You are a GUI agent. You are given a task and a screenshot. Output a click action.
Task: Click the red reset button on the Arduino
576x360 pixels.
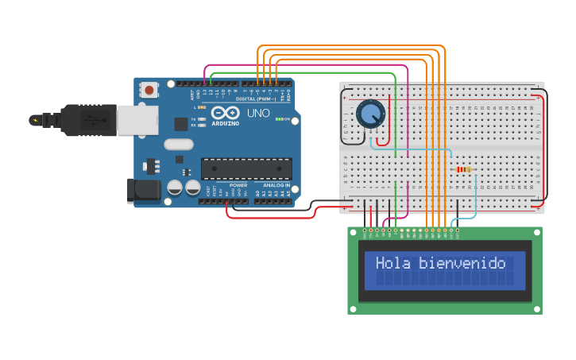pyautogui.click(x=149, y=91)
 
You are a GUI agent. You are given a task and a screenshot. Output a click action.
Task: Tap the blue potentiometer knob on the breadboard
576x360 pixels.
pyautogui.click(x=369, y=114)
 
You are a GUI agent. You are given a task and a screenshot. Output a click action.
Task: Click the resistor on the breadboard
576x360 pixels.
pyautogui.click(x=464, y=169)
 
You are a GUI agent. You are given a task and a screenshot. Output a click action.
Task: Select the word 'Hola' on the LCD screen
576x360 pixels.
pyautogui.click(x=393, y=263)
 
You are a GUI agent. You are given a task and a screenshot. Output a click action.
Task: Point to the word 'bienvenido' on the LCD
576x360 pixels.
pyautogui.click(x=462, y=263)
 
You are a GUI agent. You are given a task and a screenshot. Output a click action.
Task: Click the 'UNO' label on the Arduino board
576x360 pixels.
pyautogui.click(x=259, y=114)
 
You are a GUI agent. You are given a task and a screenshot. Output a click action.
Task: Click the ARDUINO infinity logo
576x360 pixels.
pyautogui.click(x=225, y=114)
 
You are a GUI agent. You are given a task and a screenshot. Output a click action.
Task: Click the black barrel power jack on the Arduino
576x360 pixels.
pyautogui.click(x=142, y=190)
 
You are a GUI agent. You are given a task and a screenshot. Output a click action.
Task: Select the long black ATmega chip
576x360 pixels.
pyautogui.click(x=245, y=168)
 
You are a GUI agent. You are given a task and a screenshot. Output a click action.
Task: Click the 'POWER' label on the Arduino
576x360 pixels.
pyautogui.click(x=238, y=185)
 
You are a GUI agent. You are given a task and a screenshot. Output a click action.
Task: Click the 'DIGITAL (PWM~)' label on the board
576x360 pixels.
pyautogui.click(x=257, y=99)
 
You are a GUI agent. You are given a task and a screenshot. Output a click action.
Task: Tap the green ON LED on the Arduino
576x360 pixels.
pyautogui.click(x=277, y=119)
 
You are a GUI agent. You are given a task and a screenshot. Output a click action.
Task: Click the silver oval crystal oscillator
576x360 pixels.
pyautogui.click(x=179, y=145)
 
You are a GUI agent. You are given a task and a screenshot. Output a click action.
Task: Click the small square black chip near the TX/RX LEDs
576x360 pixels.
pyautogui.click(x=181, y=124)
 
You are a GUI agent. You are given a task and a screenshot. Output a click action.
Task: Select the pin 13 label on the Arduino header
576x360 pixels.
pyautogui.click(x=204, y=93)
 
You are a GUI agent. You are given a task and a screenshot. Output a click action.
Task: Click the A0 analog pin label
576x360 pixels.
pyautogui.click(x=258, y=193)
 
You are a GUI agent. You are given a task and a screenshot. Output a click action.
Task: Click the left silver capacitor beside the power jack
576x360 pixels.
pyautogui.click(x=175, y=188)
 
